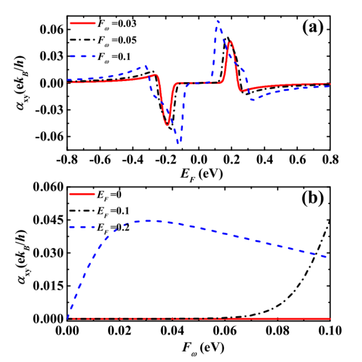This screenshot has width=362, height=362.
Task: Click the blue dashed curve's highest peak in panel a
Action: [x=217, y=20]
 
